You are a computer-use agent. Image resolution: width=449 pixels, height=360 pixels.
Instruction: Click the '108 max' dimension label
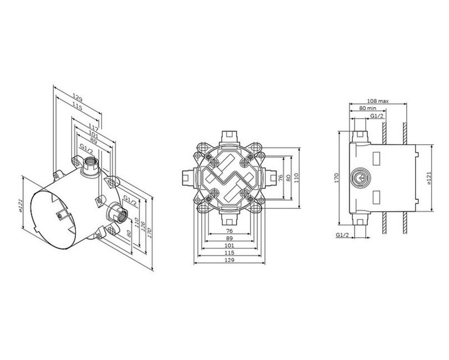click(x=378, y=101)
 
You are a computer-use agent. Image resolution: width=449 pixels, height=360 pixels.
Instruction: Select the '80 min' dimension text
click(x=368, y=108)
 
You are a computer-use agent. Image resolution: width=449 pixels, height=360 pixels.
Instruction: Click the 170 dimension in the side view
click(x=337, y=177)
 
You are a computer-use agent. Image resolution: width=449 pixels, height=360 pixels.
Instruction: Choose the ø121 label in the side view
click(x=429, y=178)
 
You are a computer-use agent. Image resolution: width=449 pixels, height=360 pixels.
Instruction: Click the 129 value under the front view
click(x=230, y=260)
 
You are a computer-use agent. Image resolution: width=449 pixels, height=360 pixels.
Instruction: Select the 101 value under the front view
click(x=230, y=245)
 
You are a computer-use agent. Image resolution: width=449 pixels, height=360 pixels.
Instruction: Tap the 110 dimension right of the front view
click(x=296, y=177)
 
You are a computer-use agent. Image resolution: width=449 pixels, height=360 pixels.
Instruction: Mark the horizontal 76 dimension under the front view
click(x=230, y=231)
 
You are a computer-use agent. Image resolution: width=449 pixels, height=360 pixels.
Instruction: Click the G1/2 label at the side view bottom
click(x=342, y=235)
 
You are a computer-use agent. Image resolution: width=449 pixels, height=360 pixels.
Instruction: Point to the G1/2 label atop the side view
click(x=377, y=116)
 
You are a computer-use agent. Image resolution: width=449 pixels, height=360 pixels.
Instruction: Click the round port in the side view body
click(x=360, y=177)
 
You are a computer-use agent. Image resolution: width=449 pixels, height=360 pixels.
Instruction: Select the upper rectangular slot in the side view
click(x=377, y=158)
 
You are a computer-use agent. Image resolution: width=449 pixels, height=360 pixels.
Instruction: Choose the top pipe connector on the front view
click(x=229, y=138)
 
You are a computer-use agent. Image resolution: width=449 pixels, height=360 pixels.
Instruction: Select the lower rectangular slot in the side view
click(x=377, y=198)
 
